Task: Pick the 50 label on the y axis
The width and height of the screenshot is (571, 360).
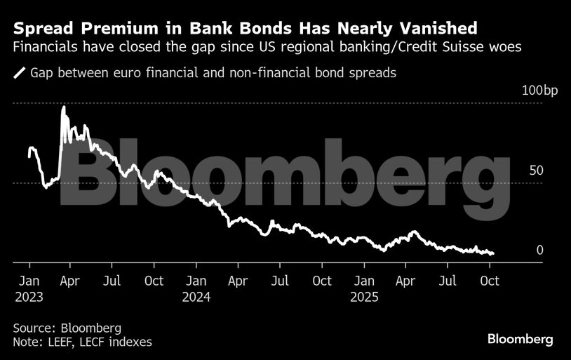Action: [x=536, y=171]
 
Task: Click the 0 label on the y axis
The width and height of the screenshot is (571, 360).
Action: [x=539, y=250]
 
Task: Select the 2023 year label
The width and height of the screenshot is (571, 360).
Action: [x=29, y=297]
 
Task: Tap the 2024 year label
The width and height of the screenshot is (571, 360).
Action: [x=196, y=297]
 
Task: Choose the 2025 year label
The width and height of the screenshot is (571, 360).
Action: [x=364, y=297]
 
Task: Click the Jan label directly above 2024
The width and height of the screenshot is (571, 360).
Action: [x=196, y=281]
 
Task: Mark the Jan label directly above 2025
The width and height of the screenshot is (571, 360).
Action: [x=364, y=281]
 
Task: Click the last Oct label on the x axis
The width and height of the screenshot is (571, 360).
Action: [x=489, y=281]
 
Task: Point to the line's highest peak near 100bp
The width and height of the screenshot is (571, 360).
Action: [x=64, y=107]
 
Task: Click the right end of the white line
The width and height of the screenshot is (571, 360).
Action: [x=493, y=253]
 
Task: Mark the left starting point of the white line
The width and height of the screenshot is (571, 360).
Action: [x=29, y=156]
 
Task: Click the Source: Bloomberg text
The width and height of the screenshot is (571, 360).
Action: [x=67, y=328]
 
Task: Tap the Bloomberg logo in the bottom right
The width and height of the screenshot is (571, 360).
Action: [x=520, y=339]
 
